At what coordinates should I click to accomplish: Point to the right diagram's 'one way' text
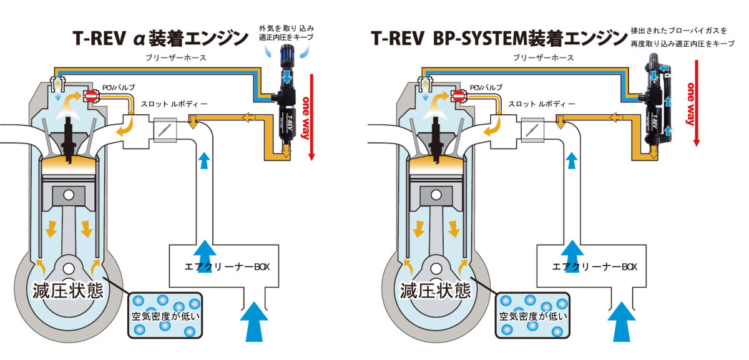(x=691, y=103)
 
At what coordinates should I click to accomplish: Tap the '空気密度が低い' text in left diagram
(x=165, y=316)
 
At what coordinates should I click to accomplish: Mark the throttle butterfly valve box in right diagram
(x=530, y=130)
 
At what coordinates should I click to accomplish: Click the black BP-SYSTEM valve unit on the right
(x=652, y=106)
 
